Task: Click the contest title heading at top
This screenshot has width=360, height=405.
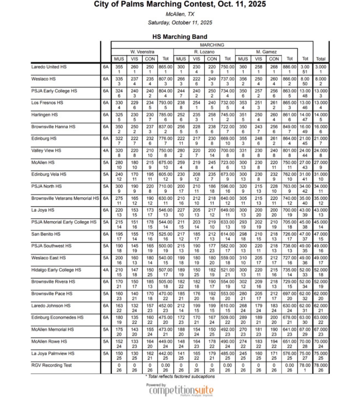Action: click(180, 5)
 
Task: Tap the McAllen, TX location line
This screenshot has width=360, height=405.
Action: click(180, 14)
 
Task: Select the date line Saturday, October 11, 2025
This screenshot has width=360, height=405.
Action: click(180, 23)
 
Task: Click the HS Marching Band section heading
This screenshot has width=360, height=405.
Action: click(180, 37)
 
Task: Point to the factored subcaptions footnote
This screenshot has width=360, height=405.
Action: click(180, 376)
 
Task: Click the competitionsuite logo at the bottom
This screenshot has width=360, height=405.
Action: click(181, 390)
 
